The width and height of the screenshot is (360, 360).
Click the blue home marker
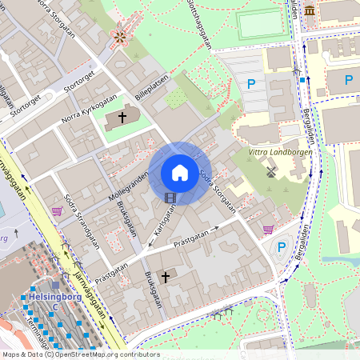(x=180, y=172)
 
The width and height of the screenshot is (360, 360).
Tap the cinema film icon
(x=170, y=197)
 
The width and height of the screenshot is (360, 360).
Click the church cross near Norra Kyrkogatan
(x=122, y=118)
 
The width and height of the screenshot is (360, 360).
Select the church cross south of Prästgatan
(x=166, y=277)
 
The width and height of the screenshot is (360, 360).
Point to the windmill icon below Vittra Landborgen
(x=270, y=170)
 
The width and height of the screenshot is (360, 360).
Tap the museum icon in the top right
(x=309, y=10)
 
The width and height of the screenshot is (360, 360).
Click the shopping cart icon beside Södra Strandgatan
(x=57, y=211)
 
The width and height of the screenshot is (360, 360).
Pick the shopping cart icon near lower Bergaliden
(x=268, y=229)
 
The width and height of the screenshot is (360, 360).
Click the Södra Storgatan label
(x=217, y=190)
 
